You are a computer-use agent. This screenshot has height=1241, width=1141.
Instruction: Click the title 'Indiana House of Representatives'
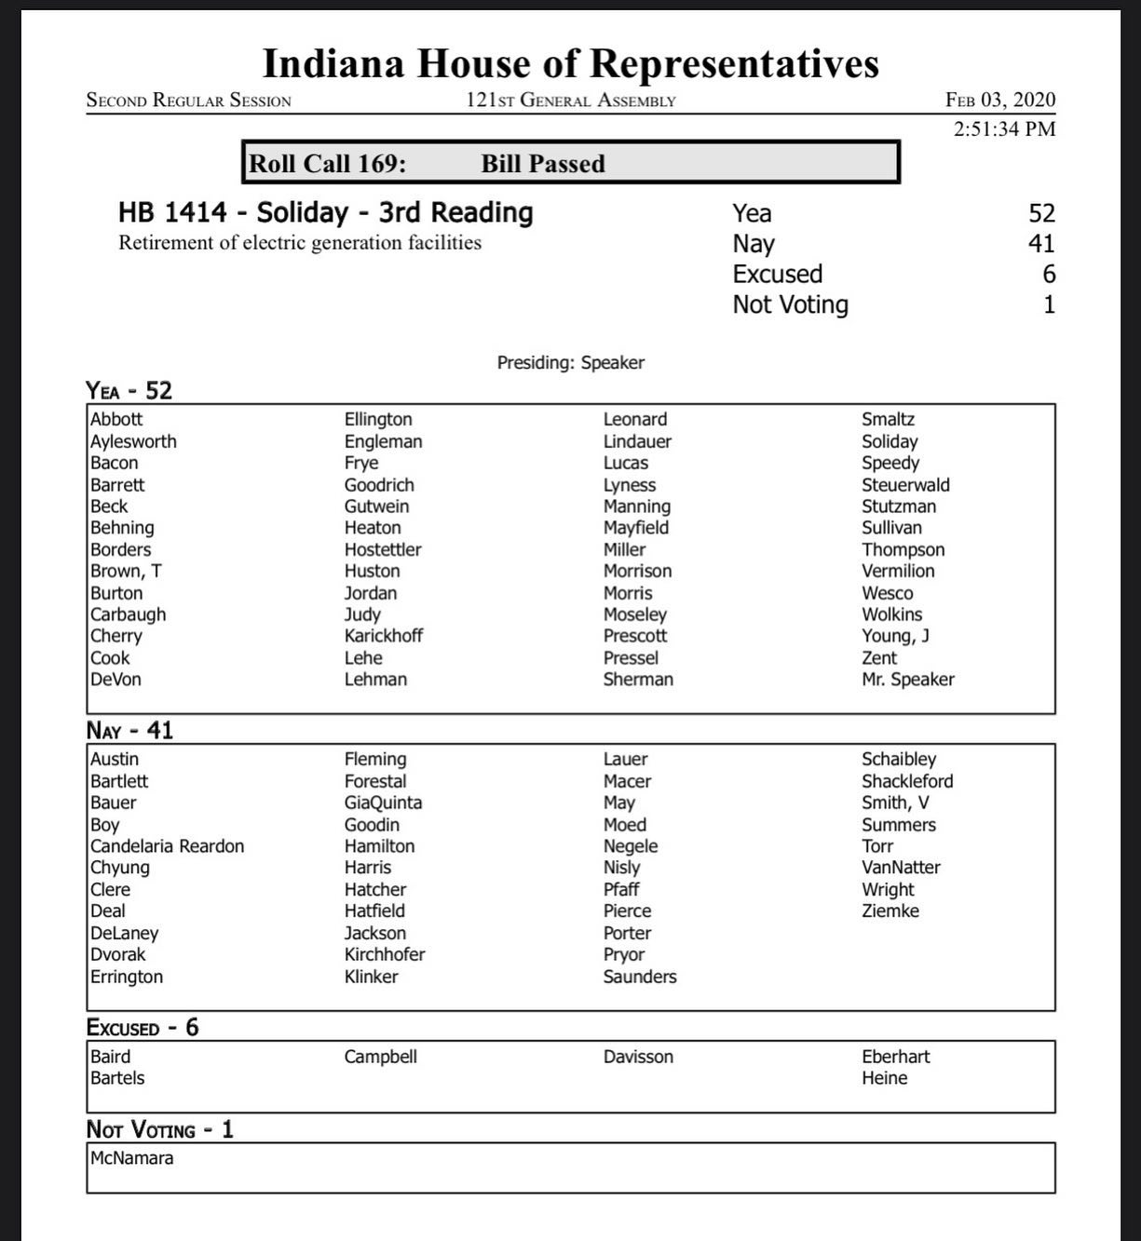(x=570, y=63)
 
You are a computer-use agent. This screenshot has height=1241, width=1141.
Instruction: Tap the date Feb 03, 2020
(x=1000, y=100)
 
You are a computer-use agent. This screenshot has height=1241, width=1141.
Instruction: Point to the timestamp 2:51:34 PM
(x=1004, y=128)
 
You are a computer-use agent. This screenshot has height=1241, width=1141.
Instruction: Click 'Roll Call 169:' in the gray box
(x=327, y=164)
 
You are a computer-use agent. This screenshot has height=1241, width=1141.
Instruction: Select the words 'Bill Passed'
(x=543, y=164)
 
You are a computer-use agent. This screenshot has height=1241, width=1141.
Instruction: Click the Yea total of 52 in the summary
(x=1041, y=213)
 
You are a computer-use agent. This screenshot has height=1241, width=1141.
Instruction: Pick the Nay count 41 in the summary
(x=1041, y=244)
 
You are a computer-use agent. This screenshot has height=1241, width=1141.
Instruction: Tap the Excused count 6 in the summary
(x=1049, y=274)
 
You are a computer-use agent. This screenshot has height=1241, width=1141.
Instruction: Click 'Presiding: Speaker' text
(x=570, y=363)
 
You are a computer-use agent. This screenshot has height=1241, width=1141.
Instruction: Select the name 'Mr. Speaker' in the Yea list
(x=907, y=680)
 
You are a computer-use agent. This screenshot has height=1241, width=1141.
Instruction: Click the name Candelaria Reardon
(x=167, y=846)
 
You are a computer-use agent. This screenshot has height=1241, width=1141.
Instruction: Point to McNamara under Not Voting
(x=131, y=1158)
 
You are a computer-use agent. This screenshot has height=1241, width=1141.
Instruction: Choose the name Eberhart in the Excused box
(x=895, y=1057)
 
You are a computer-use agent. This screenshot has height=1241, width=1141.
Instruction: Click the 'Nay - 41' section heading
(x=129, y=730)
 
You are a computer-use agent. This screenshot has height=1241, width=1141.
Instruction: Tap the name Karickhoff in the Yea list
(x=383, y=636)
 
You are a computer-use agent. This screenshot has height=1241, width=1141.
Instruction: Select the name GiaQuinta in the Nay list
(x=383, y=803)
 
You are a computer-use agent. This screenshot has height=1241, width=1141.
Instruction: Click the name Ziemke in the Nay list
(x=890, y=911)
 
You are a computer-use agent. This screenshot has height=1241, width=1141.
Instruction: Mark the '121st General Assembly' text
(x=570, y=101)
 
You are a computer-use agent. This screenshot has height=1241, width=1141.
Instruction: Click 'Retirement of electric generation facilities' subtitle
(x=300, y=243)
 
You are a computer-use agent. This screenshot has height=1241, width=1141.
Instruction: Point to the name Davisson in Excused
(x=638, y=1057)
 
